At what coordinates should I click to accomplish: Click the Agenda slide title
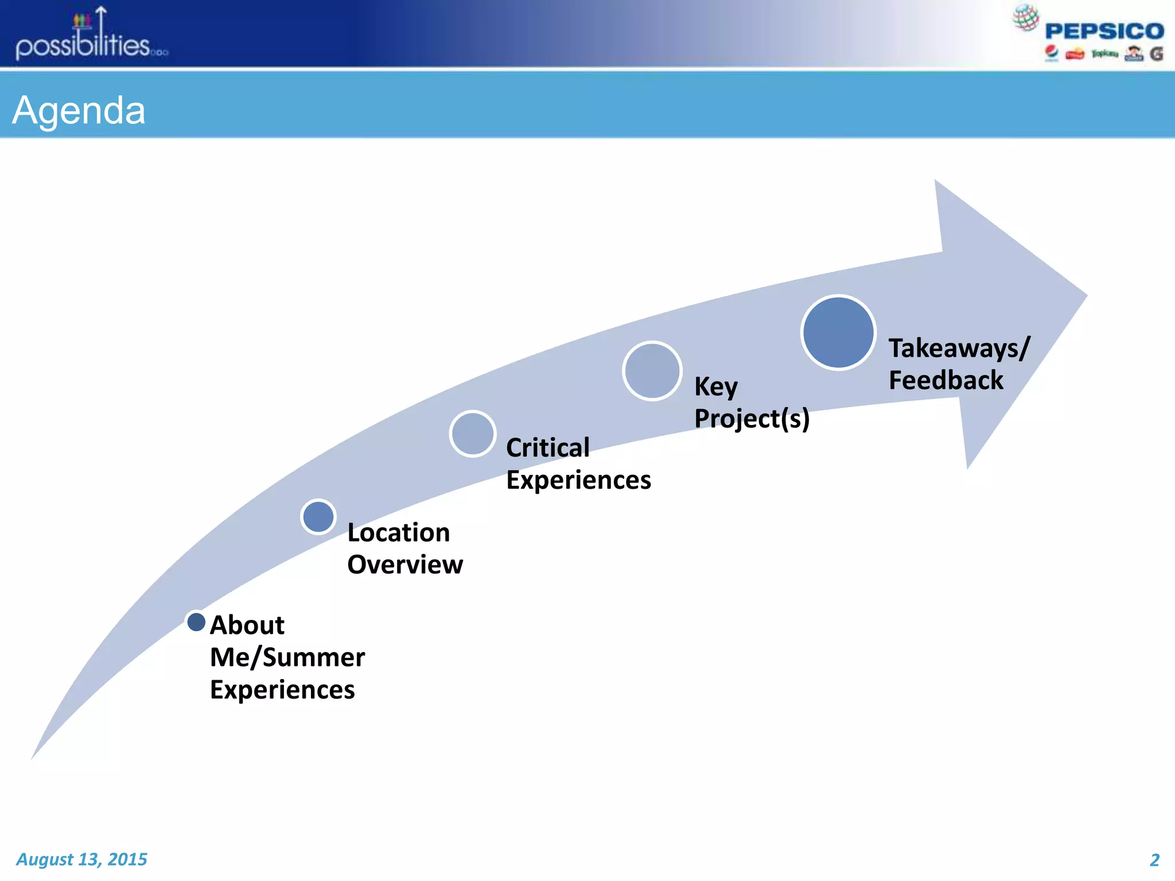(x=79, y=110)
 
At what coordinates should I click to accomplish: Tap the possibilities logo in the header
(x=91, y=36)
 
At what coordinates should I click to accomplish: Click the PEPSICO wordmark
(x=1104, y=31)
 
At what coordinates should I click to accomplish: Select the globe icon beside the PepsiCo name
(x=1025, y=17)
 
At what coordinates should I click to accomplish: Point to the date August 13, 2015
(x=81, y=859)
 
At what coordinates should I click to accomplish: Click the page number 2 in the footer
(x=1154, y=860)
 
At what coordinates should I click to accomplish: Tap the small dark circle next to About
(x=196, y=622)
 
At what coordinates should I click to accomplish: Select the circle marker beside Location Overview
(x=318, y=517)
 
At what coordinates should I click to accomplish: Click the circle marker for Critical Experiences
(x=473, y=434)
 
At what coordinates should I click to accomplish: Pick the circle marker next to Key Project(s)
(x=652, y=371)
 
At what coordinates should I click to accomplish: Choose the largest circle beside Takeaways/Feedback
(x=838, y=333)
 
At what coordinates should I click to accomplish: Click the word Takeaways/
(x=959, y=348)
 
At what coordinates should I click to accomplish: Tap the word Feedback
(x=946, y=380)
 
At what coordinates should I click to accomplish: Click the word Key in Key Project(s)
(x=715, y=387)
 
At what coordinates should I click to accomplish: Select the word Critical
(x=547, y=447)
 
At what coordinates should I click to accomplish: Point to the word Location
(x=398, y=533)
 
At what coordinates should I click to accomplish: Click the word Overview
(x=404, y=565)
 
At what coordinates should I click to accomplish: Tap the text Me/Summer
(x=287, y=657)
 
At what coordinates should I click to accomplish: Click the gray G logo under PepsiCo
(x=1156, y=54)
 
